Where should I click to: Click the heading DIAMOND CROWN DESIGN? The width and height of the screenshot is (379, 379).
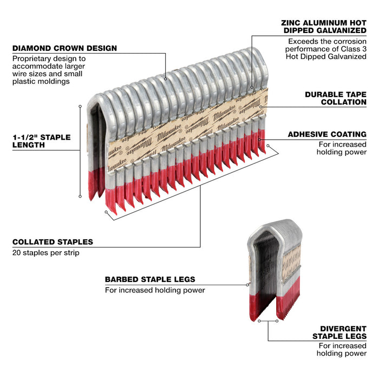[64, 48]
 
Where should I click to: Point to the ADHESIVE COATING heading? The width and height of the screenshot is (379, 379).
[335, 134]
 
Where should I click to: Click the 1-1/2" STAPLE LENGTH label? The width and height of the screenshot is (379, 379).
[41, 141]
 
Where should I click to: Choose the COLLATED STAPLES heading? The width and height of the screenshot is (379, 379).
[52, 242]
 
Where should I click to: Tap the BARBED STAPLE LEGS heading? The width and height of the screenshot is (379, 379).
[150, 279]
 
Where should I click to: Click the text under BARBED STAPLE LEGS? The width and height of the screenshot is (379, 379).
[155, 290]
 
